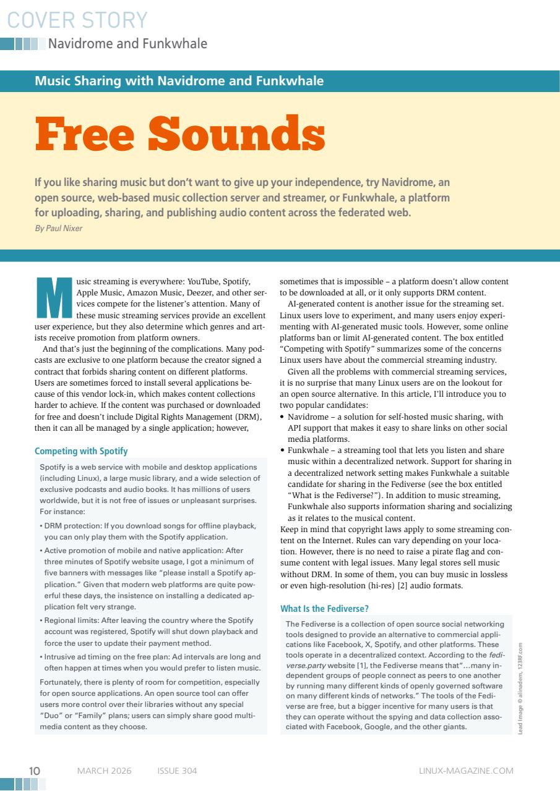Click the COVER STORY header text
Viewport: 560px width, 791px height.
tap(78, 20)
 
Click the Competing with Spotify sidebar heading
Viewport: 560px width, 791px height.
tap(81, 452)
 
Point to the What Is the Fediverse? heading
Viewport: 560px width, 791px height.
tap(325, 609)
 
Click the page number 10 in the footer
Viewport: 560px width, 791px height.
tap(35, 770)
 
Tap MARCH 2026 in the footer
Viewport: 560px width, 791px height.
tap(104, 770)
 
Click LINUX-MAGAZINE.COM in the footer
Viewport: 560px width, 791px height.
tap(465, 770)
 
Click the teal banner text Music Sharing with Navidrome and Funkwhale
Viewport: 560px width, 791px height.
tap(179, 80)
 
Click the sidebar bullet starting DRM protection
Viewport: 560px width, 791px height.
tap(149, 531)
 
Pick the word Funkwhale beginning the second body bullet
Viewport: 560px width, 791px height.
tap(309, 450)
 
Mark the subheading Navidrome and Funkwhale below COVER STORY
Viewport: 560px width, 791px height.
tap(127, 44)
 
